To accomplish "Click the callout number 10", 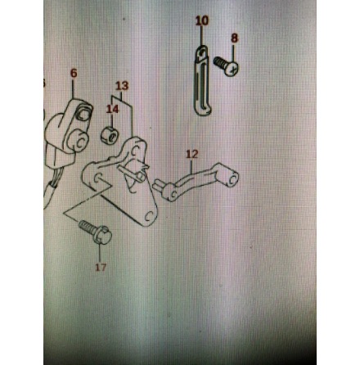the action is (202, 20).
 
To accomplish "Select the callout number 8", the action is (234, 38).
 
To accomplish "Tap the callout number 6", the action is (74, 73).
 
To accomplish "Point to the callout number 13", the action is (122, 86).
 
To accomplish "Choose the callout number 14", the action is (112, 109).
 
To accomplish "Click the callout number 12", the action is (191, 154).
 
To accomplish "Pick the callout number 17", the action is (101, 267).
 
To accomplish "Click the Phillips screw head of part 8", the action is (232, 69).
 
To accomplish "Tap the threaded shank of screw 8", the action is (219, 62).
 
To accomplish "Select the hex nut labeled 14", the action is (109, 135).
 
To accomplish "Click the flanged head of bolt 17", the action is (102, 235).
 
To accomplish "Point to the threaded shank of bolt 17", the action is (87, 227).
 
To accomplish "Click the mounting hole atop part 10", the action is (202, 52).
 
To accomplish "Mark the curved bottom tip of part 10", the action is (204, 112).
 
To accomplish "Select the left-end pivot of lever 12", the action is (169, 192).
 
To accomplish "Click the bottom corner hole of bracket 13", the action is (148, 216).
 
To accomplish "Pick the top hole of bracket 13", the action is (135, 151).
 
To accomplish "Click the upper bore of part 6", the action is (83, 113).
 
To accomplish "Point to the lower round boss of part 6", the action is (79, 141).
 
